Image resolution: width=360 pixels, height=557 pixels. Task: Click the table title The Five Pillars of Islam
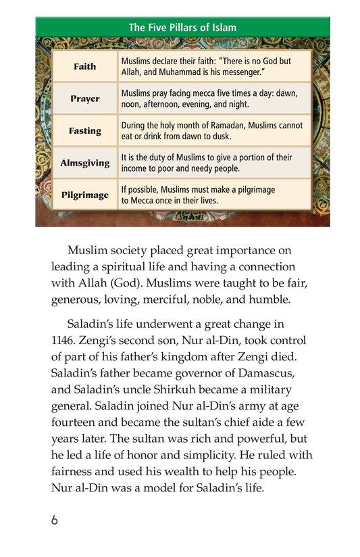(x=182, y=28)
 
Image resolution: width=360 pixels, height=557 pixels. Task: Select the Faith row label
(x=85, y=66)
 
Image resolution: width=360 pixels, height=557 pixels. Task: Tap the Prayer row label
(x=85, y=99)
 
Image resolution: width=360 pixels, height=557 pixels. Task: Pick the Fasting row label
(x=85, y=130)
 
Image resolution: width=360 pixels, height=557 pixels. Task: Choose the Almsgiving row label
(x=85, y=163)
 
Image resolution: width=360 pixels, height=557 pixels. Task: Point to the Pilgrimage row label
(x=85, y=195)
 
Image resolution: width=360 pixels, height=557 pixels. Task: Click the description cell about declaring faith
(x=214, y=66)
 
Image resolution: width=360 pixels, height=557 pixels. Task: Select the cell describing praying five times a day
(x=214, y=99)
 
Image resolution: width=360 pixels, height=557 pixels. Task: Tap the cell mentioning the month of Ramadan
(x=214, y=130)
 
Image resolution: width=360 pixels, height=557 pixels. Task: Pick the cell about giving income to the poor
(x=214, y=163)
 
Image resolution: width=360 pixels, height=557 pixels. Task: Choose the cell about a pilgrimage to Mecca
(x=214, y=195)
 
